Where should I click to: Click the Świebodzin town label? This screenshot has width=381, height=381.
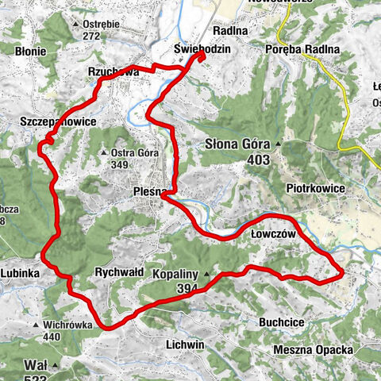[x=202, y=49]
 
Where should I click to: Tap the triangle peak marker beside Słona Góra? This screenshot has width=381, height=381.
[x=279, y=145]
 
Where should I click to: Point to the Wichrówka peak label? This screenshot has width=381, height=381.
[x=68, y=325]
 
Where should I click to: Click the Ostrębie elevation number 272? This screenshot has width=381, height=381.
[x=94, y=36]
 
